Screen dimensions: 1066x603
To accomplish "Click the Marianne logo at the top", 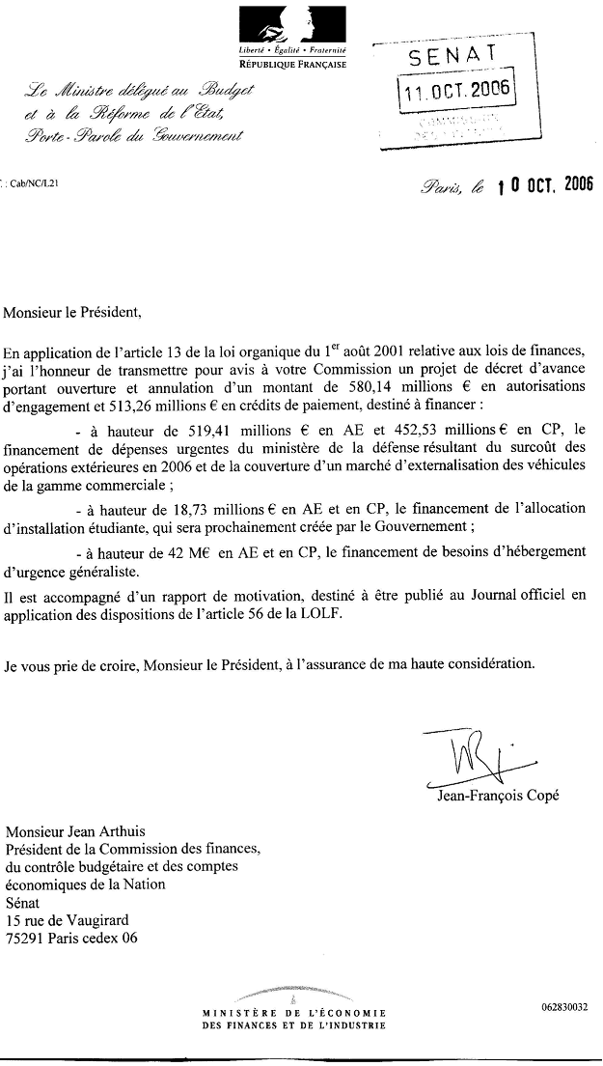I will click(x=293, y=22).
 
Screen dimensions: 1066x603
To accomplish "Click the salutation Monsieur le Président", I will click(x=72, y=312).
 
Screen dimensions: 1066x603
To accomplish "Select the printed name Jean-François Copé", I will click(x=497, y=797).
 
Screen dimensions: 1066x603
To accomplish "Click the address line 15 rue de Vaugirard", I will click(x=67, y=919).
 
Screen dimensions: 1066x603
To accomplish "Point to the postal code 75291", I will click(x=26, y=937).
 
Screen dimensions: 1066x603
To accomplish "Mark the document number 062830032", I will click(x=564, y=1008).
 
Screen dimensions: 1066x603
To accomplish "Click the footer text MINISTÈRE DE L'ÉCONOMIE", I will click(x=294, y=1013).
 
